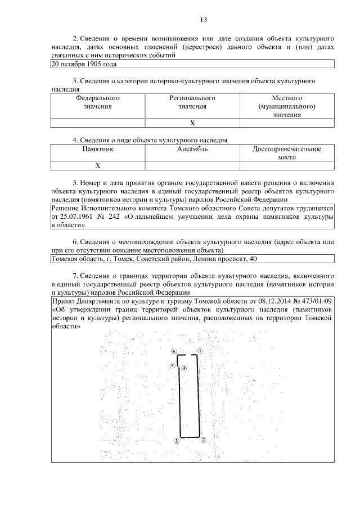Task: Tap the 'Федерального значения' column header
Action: point(98,102)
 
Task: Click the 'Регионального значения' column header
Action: point(193,102)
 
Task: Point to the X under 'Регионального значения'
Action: point(192,123)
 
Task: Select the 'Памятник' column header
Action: point(98,149)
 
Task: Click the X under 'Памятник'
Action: point(98,166)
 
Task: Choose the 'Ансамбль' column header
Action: point(193,149)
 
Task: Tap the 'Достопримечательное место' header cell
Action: point(287,153)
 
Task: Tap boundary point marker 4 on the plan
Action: point(184,368)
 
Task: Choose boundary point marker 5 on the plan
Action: point(172,366)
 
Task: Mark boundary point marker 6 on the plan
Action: point(174,351)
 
